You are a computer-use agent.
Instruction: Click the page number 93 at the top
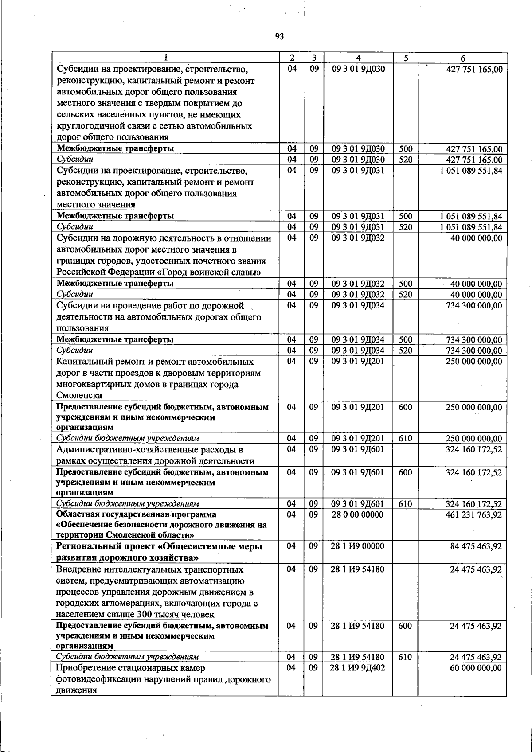[279, 37]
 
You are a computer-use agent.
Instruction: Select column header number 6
[462, 58]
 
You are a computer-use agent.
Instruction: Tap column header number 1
[165, 58]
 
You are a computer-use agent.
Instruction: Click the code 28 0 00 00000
[358, 515]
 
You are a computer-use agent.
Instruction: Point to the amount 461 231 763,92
[474, 515]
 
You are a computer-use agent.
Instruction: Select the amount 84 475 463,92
[476, 546]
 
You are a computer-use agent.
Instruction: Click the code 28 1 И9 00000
[357, 546]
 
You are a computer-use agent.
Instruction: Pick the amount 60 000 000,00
[476, 668]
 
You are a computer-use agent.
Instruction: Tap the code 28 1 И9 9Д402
[357, 668]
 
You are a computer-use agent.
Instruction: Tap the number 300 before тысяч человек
[145, 615]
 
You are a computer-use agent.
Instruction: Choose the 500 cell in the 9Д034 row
[405, 340]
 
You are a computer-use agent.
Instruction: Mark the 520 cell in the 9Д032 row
[405, 295]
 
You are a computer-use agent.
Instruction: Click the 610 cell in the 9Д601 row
[405, 504]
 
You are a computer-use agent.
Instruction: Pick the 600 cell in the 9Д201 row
[405, 407]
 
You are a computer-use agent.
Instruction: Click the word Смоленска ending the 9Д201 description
[79, 396]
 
